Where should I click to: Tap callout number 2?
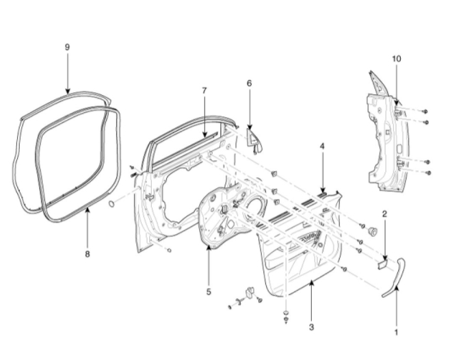pyautogui.click(x=384, y=214)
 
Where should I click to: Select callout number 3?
pyautogui.click(x=311, y=328)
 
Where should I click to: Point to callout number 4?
pyautogui.click(x=321, y=146)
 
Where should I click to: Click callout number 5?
pyautogui.click(x=208, y=291)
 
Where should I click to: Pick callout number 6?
pyautogui.click(x=249, y=83)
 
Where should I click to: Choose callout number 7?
pyautogui.click(x=204, y=90)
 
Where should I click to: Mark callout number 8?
pyautogui.click(x=88, y=254)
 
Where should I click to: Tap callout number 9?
pyautogui.click(x=67, y=47)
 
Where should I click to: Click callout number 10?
pyautogui.click(x=397, y=59)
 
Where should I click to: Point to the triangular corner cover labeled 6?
pyautogui.click(x=255, y=140)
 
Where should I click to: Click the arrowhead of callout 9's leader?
pyautogui.click(x=67, y=92)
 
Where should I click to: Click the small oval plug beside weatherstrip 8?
pyautogui.click(x=111, y=204)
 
